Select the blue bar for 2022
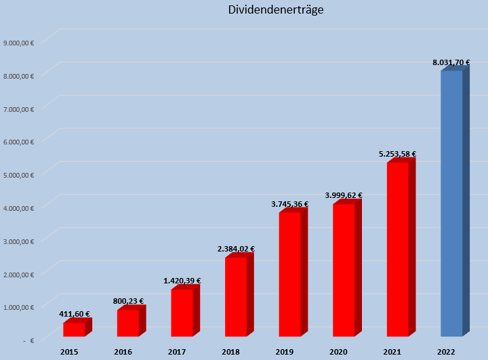[x=451, y=203]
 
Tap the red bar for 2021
[x=397, y=249]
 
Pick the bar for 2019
[x=289, y=275]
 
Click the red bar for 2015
[x=74, y=329]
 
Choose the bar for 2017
[x=182, y=313]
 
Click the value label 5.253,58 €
[x=397, y=155]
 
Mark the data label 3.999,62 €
[x=344, y=195]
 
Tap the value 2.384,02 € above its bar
[x=236, y=249]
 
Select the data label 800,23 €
[x=128, y=301]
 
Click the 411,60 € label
[x=74, y=314]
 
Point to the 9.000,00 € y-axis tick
[x=19, y=42]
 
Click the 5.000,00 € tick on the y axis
[x=19, y=174]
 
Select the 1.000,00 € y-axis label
[x=19, y=307]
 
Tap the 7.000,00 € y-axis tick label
[x=19, y=108]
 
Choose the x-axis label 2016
[x=123, y=352]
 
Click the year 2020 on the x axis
[x=338, y=352]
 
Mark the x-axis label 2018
[x=230, y=352]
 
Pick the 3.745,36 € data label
[x=289, y=204]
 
